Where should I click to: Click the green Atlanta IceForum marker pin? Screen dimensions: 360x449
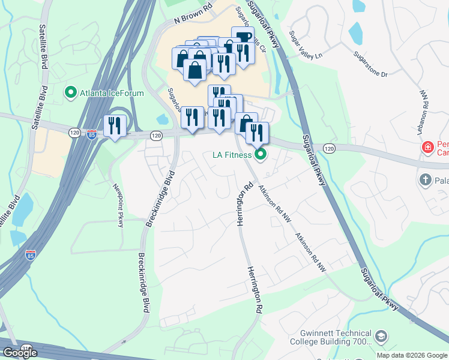(x=71, y=92)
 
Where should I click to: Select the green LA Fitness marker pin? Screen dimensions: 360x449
(x=261, y=155)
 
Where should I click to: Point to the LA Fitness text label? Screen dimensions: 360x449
(x=232, y=155)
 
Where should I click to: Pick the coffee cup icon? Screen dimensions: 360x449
(x=243, y=37)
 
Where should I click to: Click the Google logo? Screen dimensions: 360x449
(x=20, y=353)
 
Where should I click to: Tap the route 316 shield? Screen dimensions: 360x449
(x=26, y=347)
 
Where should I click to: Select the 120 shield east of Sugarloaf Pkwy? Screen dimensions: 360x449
(x=328, y=148)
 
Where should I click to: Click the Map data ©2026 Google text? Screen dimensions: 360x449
(x=412, y=355)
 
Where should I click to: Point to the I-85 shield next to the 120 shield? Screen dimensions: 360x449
(x=91, y=134)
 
